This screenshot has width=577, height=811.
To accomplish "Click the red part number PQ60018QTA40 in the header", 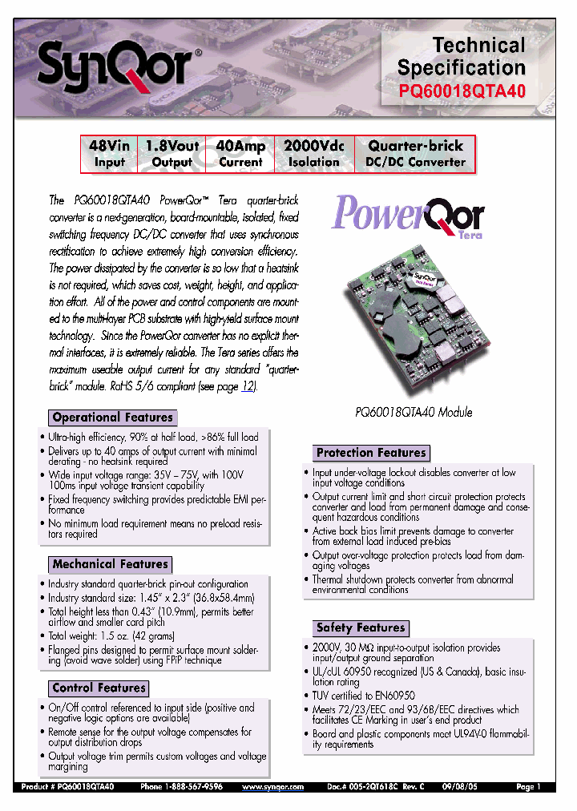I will (462, 91).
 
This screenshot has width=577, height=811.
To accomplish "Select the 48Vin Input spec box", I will (109, 154).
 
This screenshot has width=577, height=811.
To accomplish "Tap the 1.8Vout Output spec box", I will (171, 154).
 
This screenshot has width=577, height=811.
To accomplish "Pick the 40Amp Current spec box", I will (240, 154).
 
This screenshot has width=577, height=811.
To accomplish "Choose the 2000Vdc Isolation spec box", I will (314, 154).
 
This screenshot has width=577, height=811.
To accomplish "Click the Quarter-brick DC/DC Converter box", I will (415, 154).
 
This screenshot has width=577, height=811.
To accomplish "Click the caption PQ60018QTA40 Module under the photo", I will (414, 412).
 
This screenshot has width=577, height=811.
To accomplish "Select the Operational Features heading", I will (112, 418).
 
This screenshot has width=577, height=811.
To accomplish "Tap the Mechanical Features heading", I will (110, 564).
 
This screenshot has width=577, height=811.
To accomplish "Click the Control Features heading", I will (99, 688).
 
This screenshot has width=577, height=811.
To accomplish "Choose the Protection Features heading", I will (371, 453).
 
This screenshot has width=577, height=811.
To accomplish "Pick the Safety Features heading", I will (360, 627).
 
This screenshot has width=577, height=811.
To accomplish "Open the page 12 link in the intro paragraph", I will (249, 385).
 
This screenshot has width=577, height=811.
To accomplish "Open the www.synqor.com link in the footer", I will (273, 788).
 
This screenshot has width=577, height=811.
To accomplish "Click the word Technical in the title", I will (478, 46).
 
